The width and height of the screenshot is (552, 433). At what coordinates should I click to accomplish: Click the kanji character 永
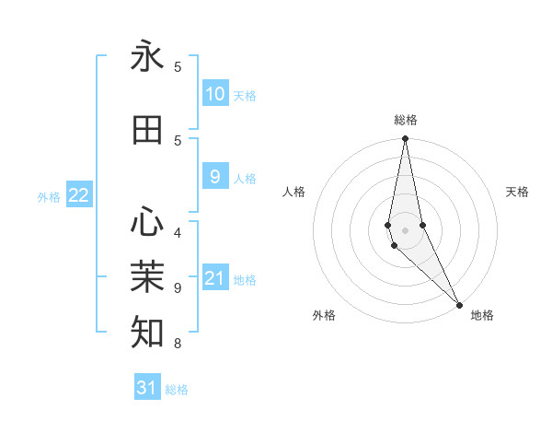click(x=147, y=57)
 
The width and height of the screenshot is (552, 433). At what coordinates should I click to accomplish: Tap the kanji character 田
click(x=147, y=131)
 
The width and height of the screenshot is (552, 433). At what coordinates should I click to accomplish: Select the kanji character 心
click(x=147, y=222)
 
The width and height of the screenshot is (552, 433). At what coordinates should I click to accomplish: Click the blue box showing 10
click(x=214, y=94)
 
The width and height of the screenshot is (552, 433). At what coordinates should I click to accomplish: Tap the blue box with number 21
click(x=214, y=278)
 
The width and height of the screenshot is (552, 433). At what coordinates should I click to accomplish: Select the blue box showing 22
click(x=79, y=195)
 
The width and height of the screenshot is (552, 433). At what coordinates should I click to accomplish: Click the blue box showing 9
click(x=214, y=177)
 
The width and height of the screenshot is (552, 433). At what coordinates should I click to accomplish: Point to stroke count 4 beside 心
click(x=178, y=233)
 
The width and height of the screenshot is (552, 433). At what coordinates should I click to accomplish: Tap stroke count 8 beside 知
click(x=178, y=344)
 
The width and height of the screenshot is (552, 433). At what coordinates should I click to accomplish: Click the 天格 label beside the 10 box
click(x=245, y=95)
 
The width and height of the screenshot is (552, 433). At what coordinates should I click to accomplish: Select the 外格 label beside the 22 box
click(x=49, y=196)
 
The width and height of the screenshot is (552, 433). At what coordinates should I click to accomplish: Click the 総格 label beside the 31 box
click(x=177, y=389)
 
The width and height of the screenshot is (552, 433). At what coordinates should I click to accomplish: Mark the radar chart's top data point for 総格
click(x=405, y=139)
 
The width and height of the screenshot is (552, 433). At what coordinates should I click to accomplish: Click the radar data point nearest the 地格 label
click(x=459, y=303)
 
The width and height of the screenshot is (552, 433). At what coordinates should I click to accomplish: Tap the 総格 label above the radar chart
click(x=406, y=120)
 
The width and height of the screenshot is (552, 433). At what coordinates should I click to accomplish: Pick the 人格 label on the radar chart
click(x=294, y=192)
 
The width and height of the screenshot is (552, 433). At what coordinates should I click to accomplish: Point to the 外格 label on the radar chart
click(x=324, y=315)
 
